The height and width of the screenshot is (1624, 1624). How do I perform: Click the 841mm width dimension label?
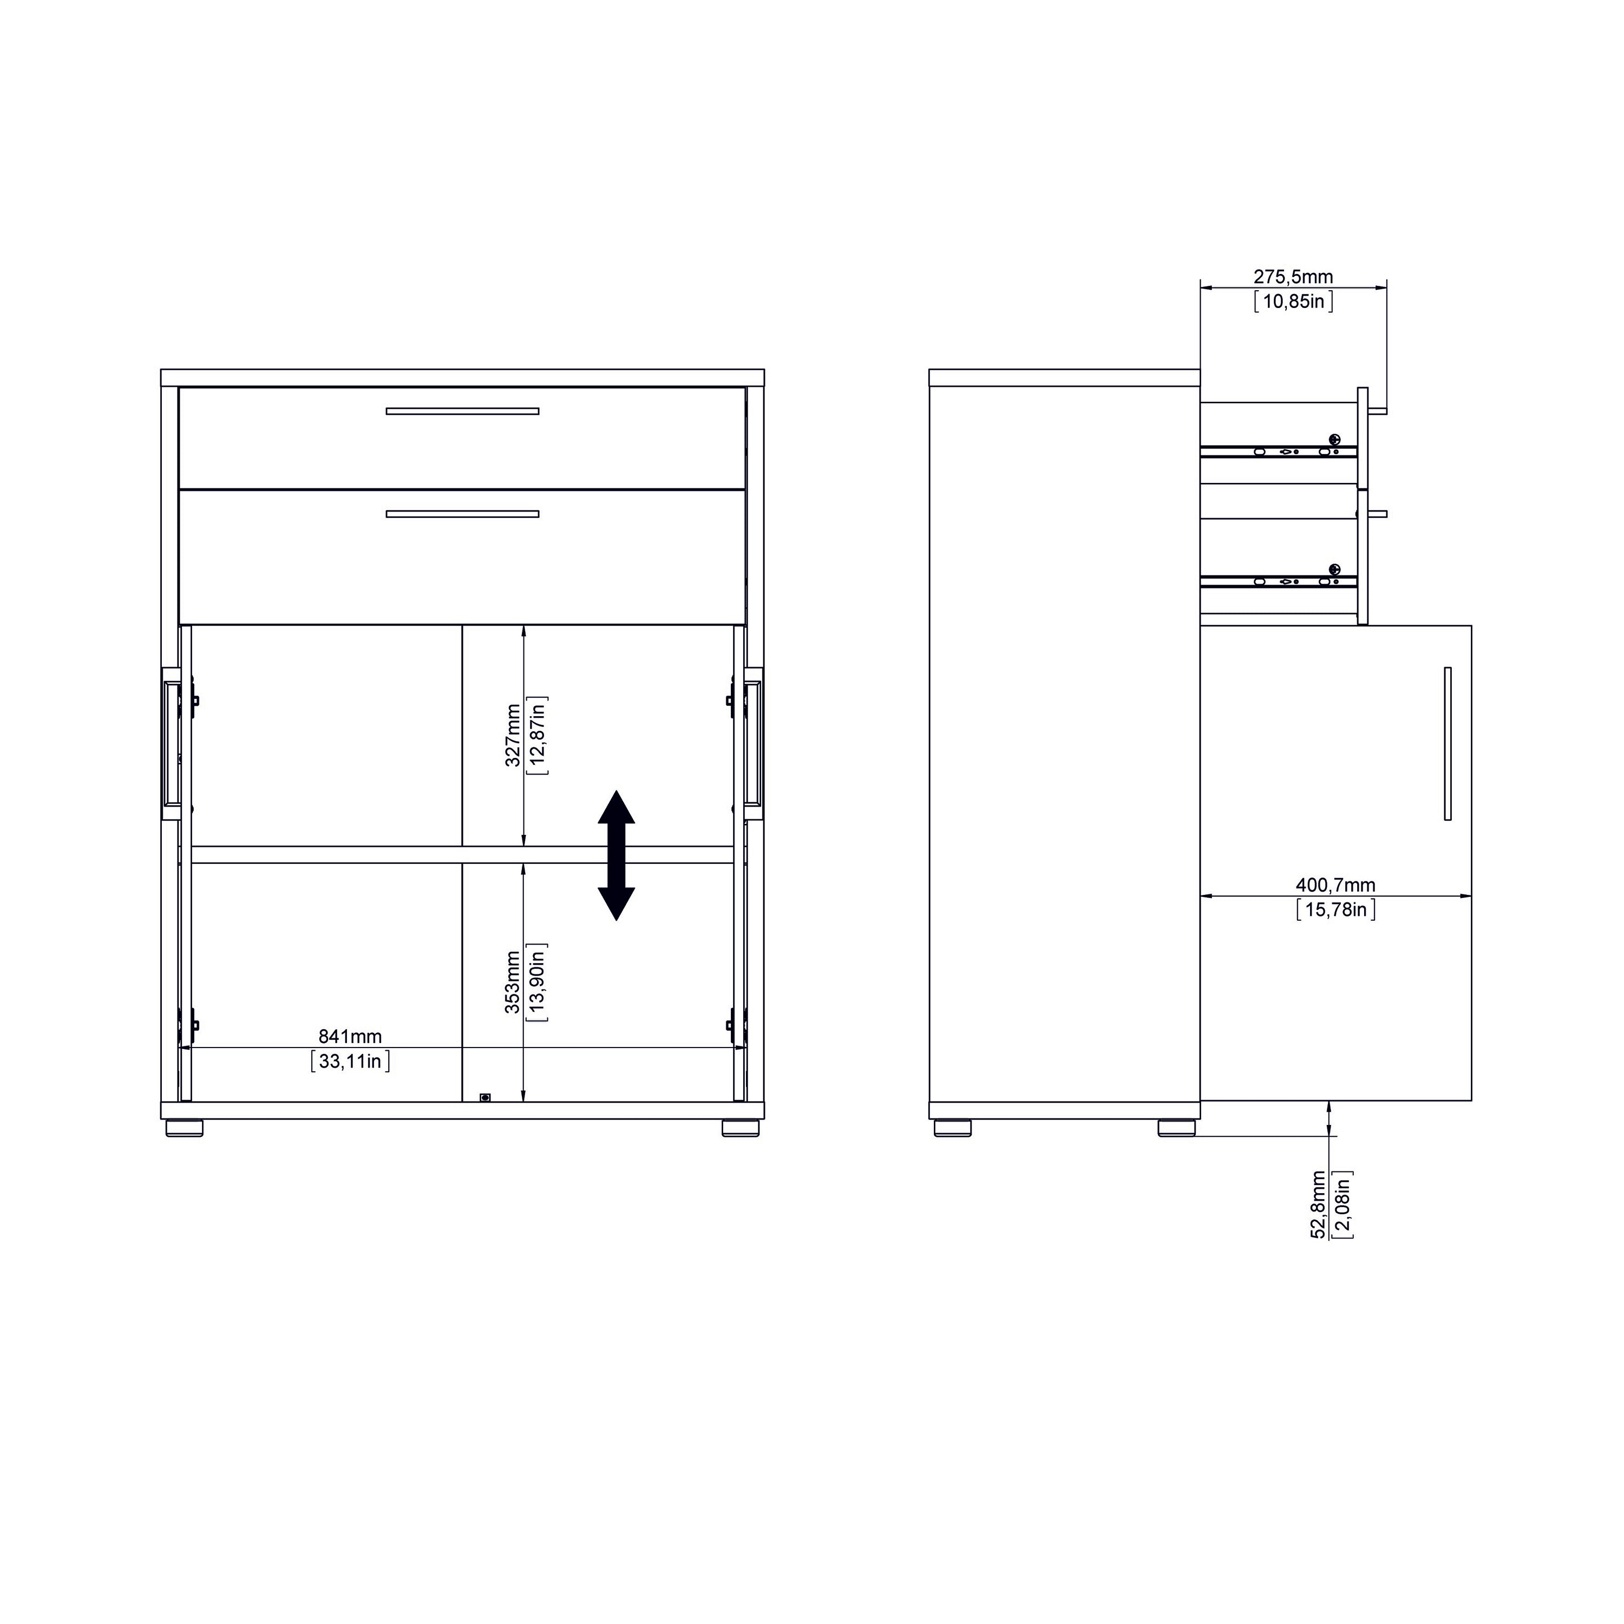(350, 1037)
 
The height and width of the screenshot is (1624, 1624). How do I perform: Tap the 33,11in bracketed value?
(350, 1062)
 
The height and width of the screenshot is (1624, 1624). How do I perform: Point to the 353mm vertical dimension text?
(513, 983)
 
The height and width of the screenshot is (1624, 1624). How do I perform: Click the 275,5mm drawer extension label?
(1293, 277)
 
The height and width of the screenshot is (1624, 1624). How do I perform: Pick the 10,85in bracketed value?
(1293, 301)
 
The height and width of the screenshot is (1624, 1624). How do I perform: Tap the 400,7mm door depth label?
(1335, 885)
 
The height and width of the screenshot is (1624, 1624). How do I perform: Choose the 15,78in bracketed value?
(1335, 909)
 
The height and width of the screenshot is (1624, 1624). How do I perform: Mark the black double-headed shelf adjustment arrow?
(616, 855)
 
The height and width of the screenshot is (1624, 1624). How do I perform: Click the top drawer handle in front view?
(462, 411)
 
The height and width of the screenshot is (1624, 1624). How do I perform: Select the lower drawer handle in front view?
(462, 514)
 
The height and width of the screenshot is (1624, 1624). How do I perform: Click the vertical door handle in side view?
(1448, 743)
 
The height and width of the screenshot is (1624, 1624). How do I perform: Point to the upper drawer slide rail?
(1278, 451)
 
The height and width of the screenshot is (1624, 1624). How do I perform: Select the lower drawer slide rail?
(1278, 581)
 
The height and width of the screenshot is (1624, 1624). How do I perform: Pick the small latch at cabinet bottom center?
(485, 1097)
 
